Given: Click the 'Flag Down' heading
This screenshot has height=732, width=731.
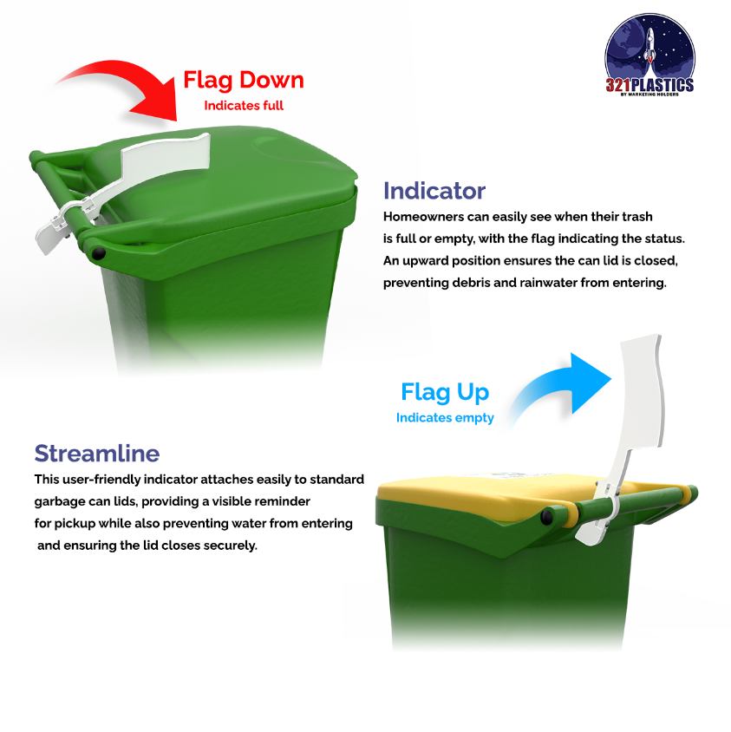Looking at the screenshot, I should (244, 81).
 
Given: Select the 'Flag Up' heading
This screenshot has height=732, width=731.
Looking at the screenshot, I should (445, 392).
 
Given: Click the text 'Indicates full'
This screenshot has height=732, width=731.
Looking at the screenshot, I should (244, 106).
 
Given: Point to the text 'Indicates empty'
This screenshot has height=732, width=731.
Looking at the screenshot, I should (445, 418).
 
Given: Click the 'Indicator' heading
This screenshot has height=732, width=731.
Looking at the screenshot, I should (434, 191).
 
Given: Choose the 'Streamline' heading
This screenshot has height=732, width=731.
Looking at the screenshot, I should (97, 453).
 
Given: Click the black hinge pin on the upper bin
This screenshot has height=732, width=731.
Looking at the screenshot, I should (98, 253).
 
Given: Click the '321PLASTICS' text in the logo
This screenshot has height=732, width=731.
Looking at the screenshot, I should (649, 85).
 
